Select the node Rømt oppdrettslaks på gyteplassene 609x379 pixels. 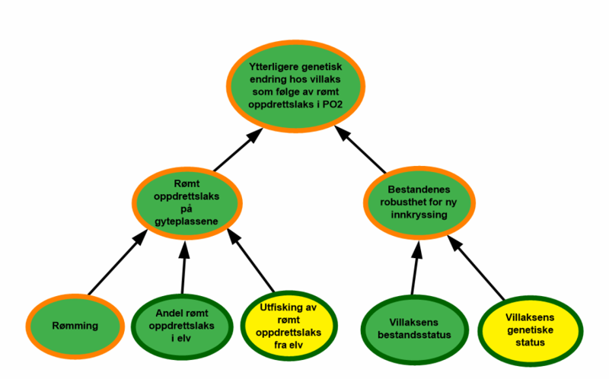click(x=187, y=200)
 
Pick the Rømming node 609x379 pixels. click(x=75, y=326)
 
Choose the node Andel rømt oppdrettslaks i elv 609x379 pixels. click(x=182, y=326)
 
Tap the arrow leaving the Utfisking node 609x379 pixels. click(x=254, y=269)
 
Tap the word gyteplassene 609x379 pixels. click(x=187, y=221)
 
